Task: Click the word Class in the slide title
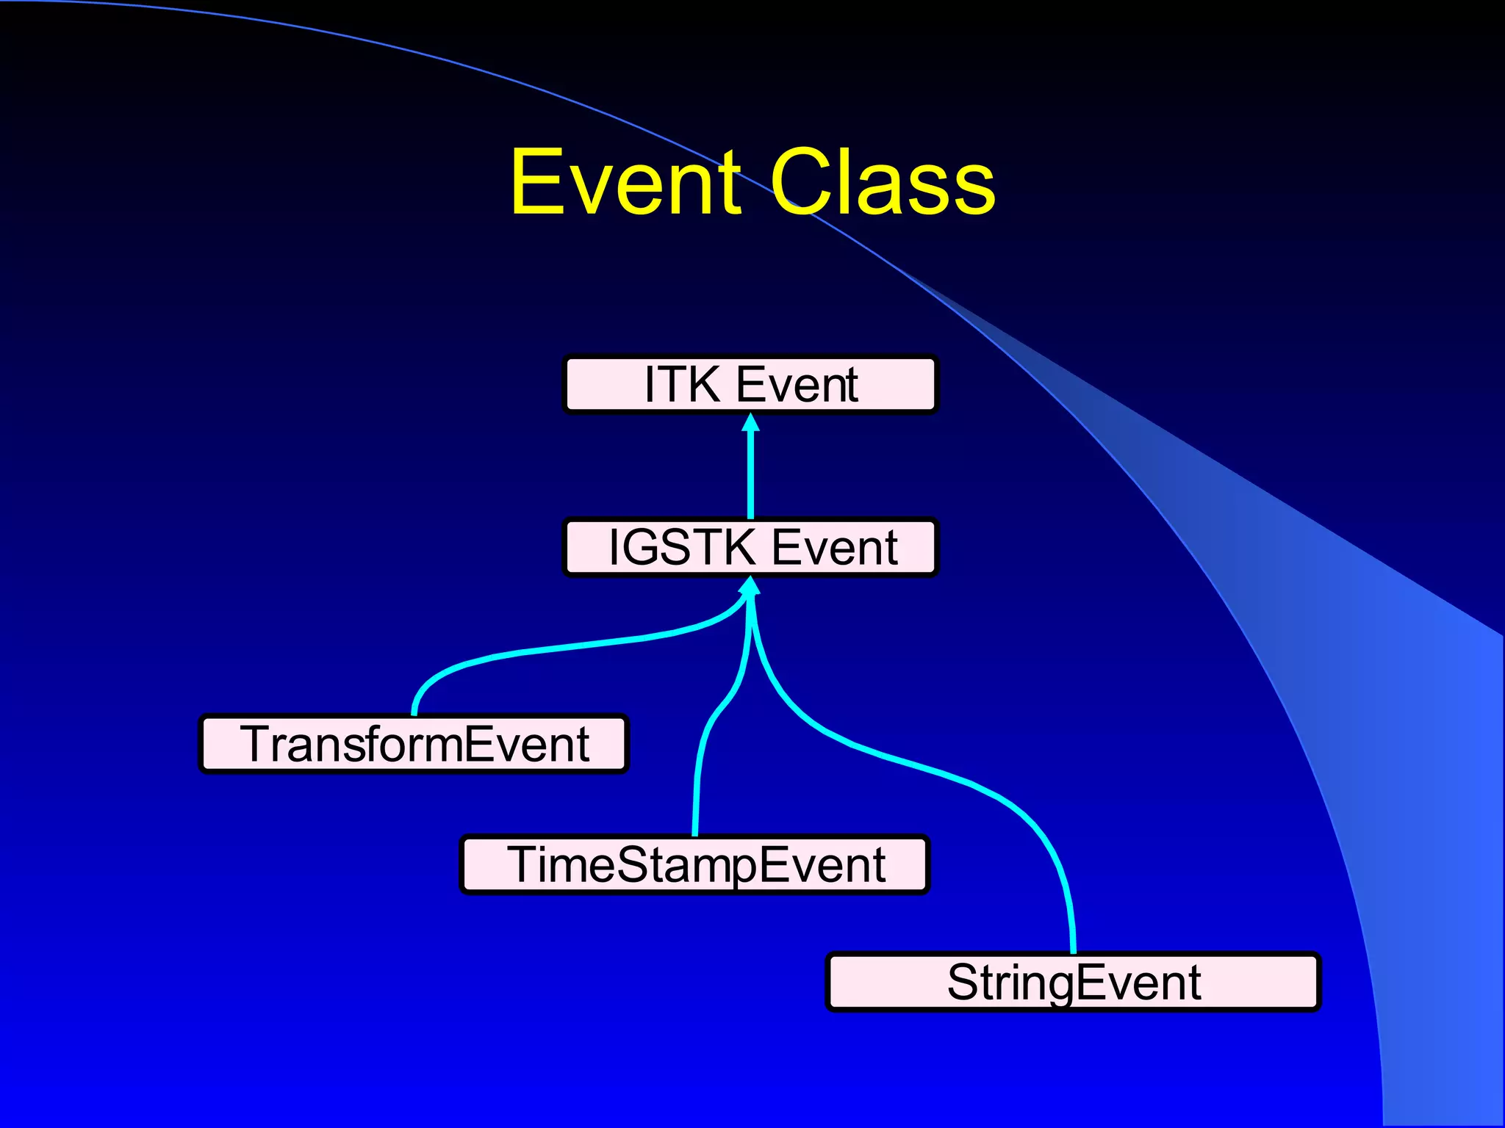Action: pos(882,181)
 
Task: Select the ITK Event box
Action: pos(750,384)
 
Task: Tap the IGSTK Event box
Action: pos(750,547)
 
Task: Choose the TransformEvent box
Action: pos(414,743)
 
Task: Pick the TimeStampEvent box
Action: pos(694,864)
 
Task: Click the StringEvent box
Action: pos(1073,982)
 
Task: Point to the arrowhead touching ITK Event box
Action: pos(750,422)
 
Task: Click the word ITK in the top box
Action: pos(682,384)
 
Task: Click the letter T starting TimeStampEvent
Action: pos(523,864)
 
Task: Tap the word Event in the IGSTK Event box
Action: pos(833,547)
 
